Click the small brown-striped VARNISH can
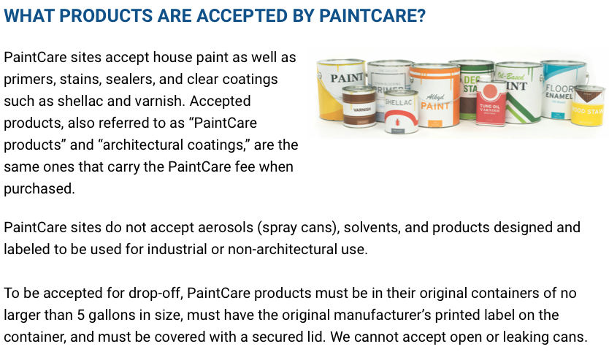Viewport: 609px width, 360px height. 359,106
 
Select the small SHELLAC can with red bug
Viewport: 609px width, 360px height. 401,112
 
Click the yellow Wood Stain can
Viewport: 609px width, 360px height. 588,105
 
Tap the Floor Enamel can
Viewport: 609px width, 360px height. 562,89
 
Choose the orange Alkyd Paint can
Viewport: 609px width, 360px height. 435,96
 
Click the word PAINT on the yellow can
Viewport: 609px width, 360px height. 347,77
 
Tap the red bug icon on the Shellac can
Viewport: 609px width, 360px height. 397,122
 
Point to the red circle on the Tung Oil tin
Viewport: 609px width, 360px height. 491,91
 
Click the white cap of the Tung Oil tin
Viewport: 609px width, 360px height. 483,78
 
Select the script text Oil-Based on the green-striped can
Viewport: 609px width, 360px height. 510,76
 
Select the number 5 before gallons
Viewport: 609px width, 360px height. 81,315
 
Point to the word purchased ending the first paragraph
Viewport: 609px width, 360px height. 39,189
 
